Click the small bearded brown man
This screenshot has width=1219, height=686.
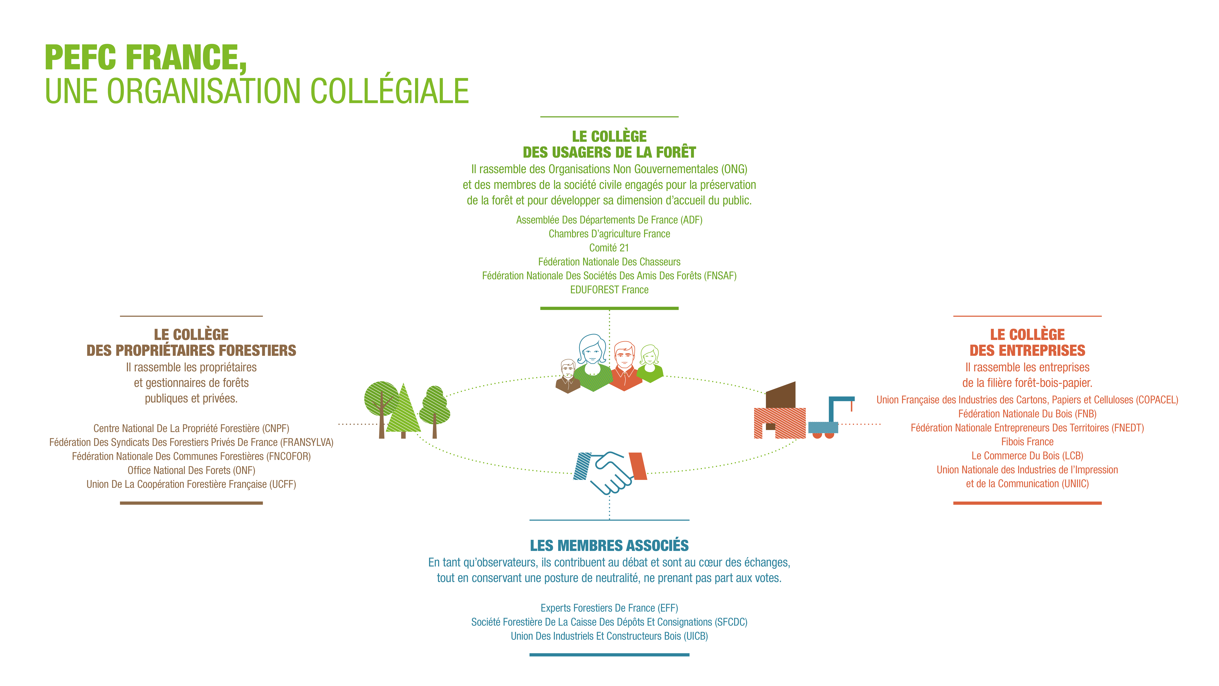568,376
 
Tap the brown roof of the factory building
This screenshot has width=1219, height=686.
781,394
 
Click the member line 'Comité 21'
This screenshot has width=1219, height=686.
609,248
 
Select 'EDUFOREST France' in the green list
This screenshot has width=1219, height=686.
609,290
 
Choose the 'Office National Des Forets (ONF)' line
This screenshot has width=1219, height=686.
191,470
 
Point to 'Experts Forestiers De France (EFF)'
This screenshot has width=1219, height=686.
609,608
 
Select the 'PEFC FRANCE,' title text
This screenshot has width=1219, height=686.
146,58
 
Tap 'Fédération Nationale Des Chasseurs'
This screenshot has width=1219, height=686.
609,262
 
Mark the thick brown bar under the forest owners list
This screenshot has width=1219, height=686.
191,503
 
